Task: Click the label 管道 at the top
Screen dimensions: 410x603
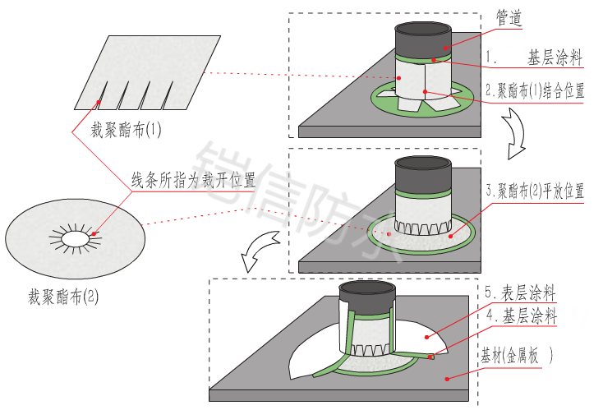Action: [x=510, y=17]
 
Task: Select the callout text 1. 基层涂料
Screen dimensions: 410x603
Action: [x=535, y=58]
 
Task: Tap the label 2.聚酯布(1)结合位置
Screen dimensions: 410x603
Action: [x=535, y=90]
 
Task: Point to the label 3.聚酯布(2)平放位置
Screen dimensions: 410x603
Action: [x=535, y=191]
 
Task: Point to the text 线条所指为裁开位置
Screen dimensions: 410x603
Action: [x=195, y=179]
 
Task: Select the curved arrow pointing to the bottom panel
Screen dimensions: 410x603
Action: [x=257, y=250]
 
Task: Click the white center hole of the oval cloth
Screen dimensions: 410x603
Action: [x=75, y=237]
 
